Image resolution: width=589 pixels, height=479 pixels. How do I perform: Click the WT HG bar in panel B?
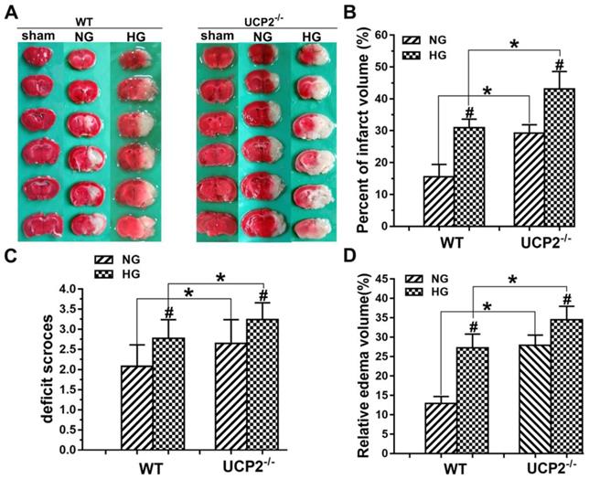click(x=468, y=176)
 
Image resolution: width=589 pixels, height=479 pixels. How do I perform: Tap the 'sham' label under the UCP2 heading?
click(x=216, y=36)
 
